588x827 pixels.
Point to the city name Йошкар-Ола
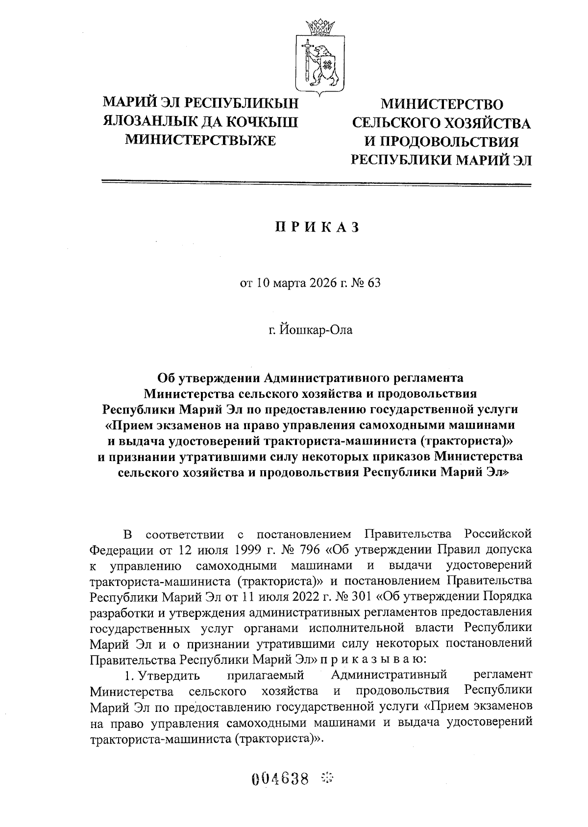tap(317, 329)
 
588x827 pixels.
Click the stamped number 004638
tap(281, 778)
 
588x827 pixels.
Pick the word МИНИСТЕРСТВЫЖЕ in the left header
tap(200, 139)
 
